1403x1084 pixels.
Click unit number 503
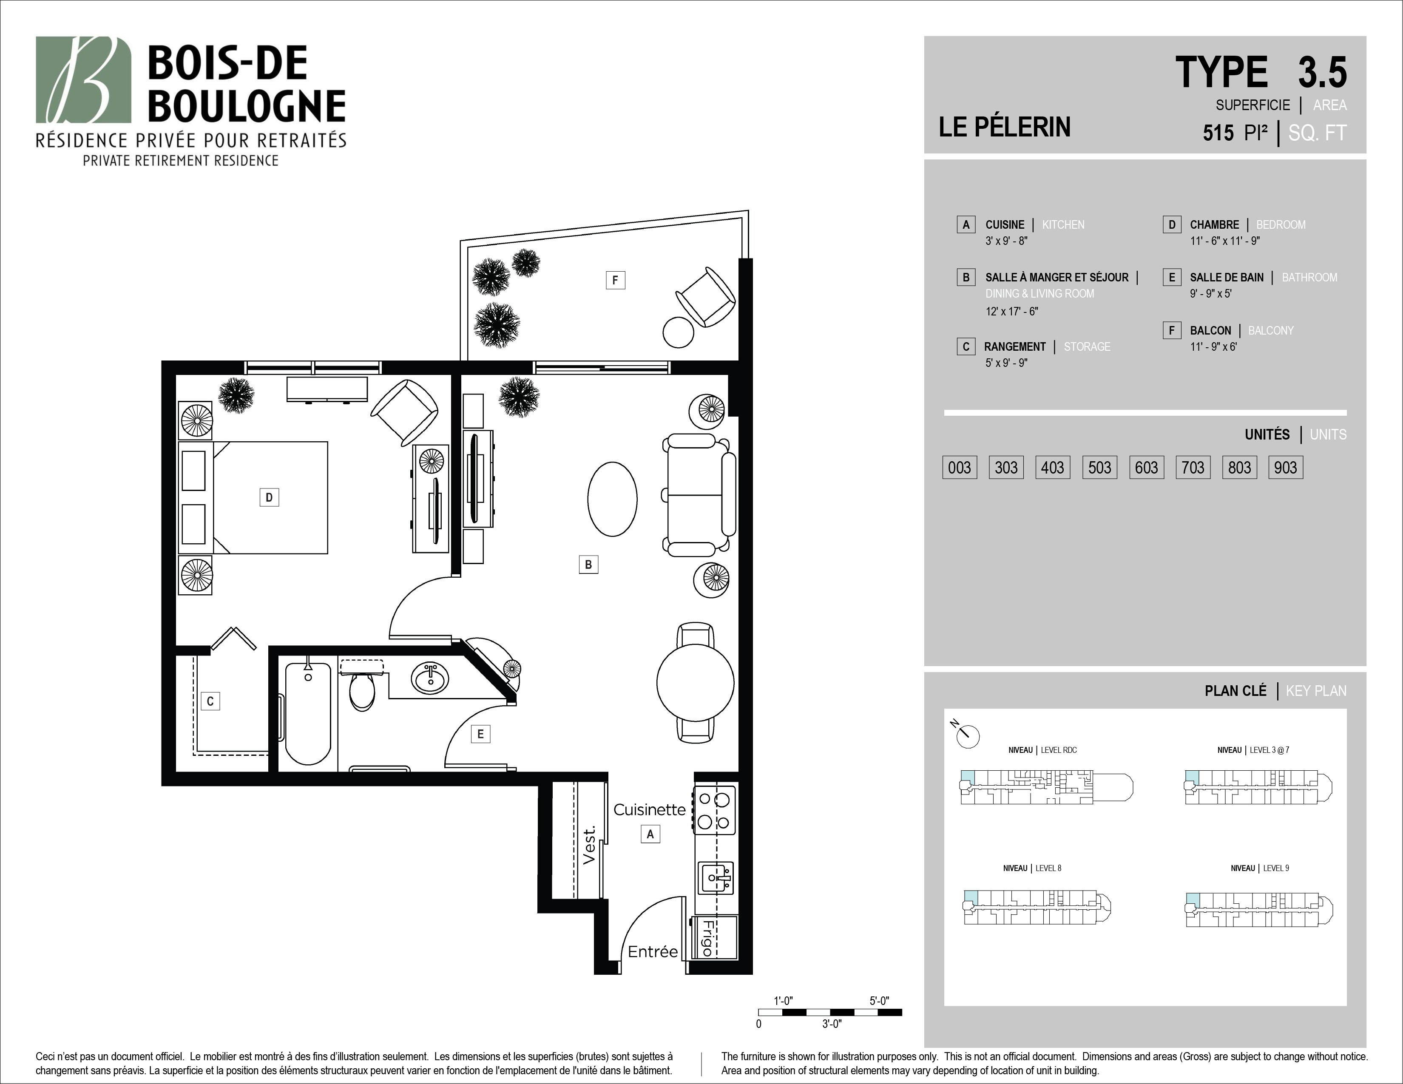tap(1099, 468)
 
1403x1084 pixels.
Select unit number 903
tap(1285, 468)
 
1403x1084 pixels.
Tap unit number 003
tap(959, 468)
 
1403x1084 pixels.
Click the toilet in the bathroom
tap(362, 686)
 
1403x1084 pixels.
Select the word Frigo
tap(707, 938)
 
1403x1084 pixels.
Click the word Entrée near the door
tap(653, 951)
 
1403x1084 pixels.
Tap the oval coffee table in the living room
tap(612, 499)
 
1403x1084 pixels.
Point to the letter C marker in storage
tap(210, 701)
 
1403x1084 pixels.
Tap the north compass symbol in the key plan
tap(966, 734)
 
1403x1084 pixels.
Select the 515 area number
tap(1218, 133)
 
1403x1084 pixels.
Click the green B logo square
tap(83, 79)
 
